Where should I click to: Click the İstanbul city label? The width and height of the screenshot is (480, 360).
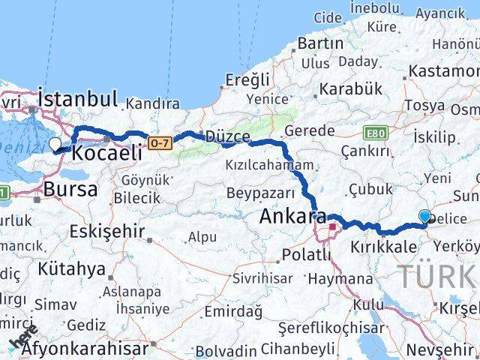coord(78,98)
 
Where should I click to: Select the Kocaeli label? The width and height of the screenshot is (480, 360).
coord(106,152)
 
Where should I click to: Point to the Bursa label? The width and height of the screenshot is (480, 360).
coord(70,190)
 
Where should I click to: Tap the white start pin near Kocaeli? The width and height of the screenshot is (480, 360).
coord(55,145)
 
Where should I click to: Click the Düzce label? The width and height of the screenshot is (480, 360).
coord(228,136)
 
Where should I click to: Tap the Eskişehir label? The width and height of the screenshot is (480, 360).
coord(107,231)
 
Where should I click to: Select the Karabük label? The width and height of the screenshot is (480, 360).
coord(350,88)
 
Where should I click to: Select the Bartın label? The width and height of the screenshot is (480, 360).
coord(320,43)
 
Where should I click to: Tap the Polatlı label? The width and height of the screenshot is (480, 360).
coord(306,255)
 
